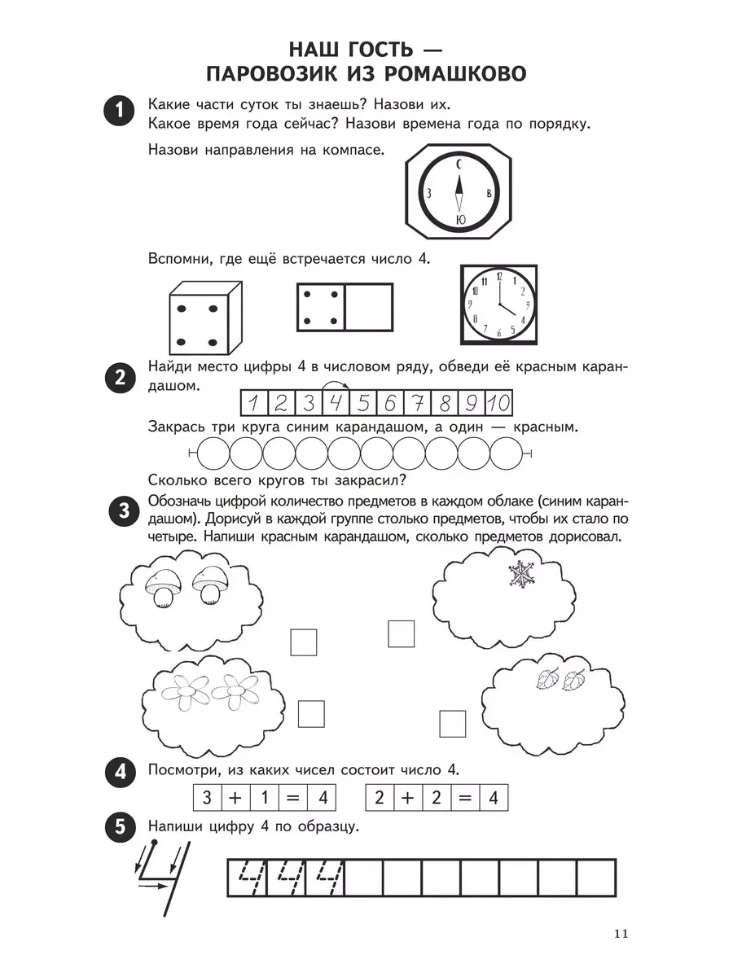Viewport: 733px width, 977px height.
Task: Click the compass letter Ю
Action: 460,218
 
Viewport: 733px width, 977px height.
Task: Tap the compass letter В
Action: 487,193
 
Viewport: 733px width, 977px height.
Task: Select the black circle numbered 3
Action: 120,512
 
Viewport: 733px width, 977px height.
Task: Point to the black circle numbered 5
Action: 120,827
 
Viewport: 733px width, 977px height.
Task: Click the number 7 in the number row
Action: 417,402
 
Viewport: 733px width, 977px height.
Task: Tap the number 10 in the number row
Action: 501,402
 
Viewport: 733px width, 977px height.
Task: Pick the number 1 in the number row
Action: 253,402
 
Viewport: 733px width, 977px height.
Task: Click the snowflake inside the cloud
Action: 519,574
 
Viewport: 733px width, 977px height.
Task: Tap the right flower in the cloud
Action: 232,691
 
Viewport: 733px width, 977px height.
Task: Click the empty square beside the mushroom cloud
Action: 303,642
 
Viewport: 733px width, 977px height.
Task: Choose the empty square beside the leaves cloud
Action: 452,723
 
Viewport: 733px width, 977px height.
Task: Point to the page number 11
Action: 620,933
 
